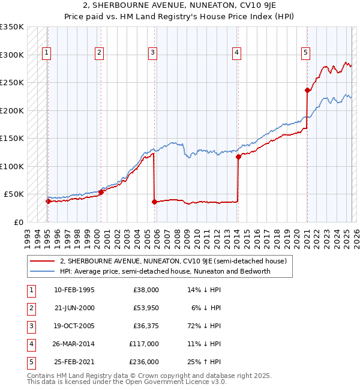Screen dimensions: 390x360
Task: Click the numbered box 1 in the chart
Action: [x=47, y=53]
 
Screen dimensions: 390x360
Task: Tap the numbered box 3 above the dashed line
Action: [x=153, y=53]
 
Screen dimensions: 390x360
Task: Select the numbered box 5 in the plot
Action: [x=306, y=53]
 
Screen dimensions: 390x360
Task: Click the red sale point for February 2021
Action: [x=307, y=91]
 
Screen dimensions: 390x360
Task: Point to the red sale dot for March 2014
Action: [x=238, y=157]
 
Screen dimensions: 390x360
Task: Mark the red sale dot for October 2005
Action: [x=154, y=202]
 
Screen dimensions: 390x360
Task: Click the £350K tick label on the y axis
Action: [x=12, y=27]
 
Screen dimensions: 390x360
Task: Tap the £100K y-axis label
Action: [x=12, y=166]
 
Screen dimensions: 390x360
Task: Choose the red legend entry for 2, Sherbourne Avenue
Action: [x=173, y=261]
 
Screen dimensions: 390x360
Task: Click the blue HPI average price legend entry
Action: [x=165, y=271]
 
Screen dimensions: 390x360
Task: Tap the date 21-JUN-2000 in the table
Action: [x=74, y=308]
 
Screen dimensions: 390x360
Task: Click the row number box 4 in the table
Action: [x=31, y=344]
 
